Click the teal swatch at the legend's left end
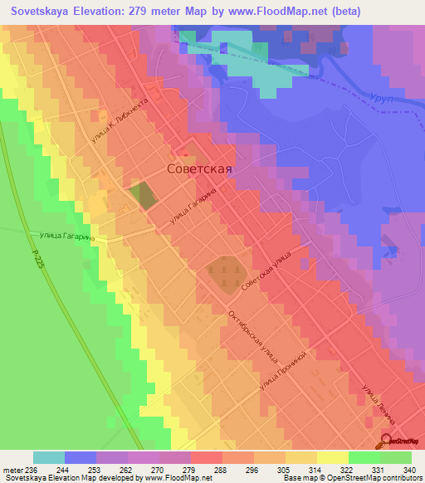pos(49,457)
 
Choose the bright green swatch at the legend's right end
pos(396,457)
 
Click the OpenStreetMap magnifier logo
pos(388,442)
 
